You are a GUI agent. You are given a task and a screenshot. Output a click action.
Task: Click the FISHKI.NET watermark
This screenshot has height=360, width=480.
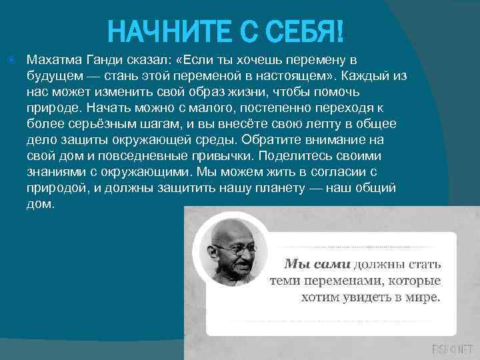pyautogui.click(x=451, y=349)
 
